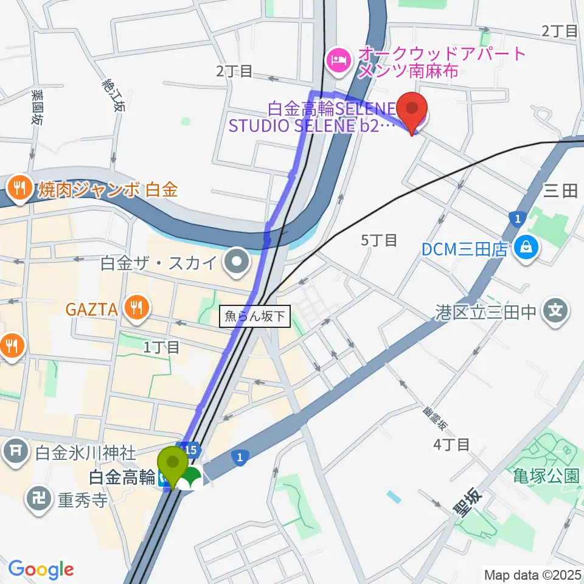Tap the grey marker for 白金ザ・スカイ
[x=237, y=263]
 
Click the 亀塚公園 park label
[x=545, y=475]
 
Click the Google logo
[x=40, y=569]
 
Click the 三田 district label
[x=560, y=192]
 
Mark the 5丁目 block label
[x=379, y=240]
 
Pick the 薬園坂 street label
[x=37, y=108]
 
